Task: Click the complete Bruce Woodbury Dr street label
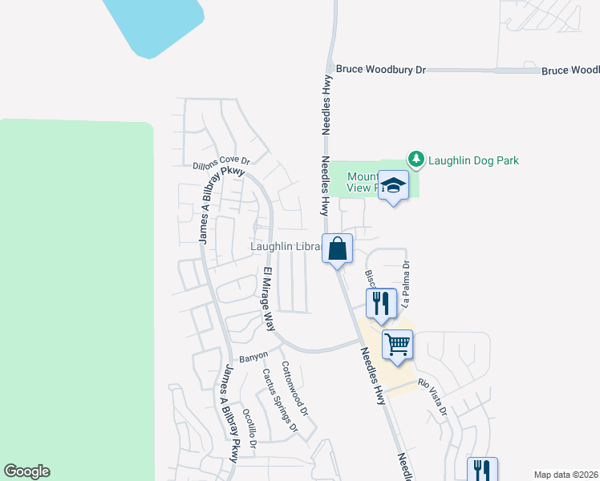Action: coord(380,70)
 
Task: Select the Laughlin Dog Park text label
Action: coord(473,160)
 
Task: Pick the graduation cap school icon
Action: coord(393,186)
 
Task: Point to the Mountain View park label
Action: coord(361,182)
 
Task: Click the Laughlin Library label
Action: coord(285,247)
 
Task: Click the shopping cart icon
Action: coord(397,345)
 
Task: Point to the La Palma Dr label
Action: coord(407,284)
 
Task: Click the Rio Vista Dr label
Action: coord(432,398)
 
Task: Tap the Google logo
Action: coord(26,471)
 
